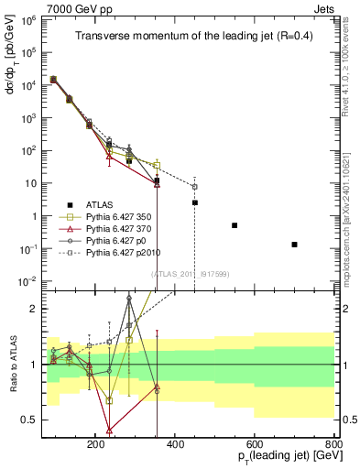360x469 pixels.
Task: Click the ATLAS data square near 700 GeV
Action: (x=294, y=245)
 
